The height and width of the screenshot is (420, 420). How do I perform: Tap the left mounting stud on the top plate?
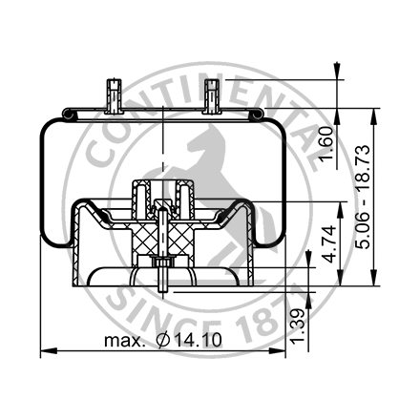click(x=113, y=95)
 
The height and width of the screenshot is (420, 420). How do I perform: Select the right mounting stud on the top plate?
click(x=211, y=95)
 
